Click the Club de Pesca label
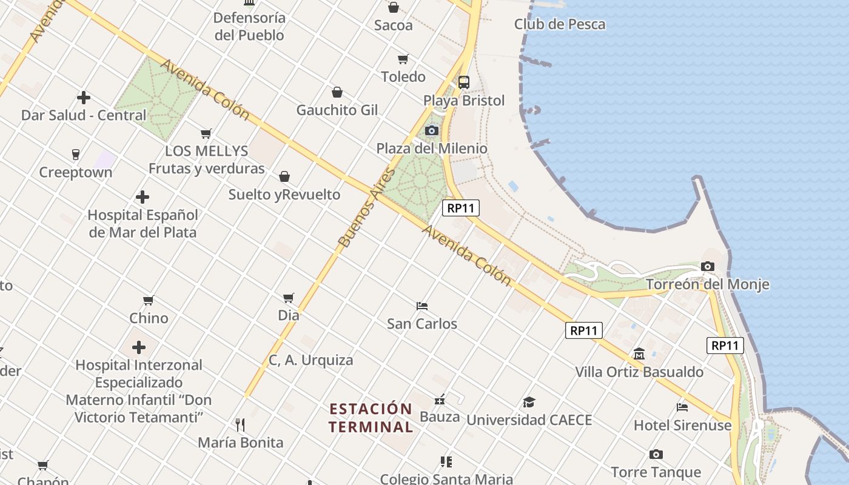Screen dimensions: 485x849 (560, 24)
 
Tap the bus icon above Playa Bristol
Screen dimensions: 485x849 (464, 82)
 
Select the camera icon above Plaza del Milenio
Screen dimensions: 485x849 (432, 130)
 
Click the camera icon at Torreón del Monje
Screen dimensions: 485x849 (707, 266)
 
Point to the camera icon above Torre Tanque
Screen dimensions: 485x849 (656, 454)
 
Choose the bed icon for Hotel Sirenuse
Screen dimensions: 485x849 (682, 407)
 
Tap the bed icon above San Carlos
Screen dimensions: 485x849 (422, 306)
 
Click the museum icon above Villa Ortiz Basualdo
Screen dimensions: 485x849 (639, 353)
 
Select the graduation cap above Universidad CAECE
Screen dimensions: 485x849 (529, 402)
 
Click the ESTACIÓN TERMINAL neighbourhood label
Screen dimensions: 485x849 (371, 417)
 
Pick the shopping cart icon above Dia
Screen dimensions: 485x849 (289, 298)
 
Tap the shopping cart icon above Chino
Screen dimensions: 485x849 (149, 300)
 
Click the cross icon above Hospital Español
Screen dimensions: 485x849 (143, 197)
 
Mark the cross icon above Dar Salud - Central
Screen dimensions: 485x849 (84, 97)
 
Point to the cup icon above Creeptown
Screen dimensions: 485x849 (76, 154)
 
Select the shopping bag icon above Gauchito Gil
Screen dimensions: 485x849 (337, 92)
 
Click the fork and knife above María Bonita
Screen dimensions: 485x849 (240, 424)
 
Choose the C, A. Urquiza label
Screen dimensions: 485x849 (310, 360)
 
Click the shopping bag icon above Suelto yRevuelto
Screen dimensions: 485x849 (284, 176)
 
